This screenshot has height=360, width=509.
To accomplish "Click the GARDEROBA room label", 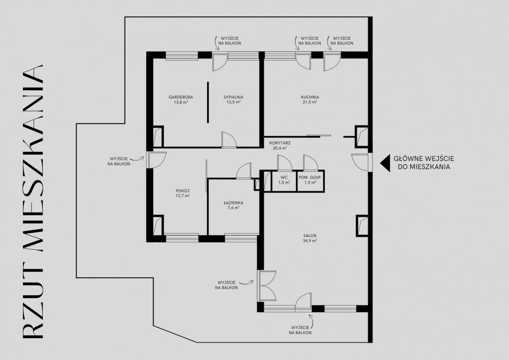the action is tap(181, 97).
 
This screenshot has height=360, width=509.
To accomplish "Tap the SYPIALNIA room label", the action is tap(233, 97).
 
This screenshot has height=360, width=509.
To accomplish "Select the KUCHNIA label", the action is tap(310, 97).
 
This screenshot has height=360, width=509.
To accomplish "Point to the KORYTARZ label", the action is tap(280, 143).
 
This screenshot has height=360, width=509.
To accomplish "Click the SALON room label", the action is tap(310, 236).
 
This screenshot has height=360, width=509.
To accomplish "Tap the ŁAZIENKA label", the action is tap(233, 203).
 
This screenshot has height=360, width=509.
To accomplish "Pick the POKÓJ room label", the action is tap(182, 191).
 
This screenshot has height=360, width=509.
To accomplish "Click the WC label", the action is tap(284, 177).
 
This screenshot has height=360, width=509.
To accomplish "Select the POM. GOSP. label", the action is tap(310, 177).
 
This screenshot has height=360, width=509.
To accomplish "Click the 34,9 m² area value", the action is tap(310, 241).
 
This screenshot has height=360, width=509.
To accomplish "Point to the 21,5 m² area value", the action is tap(310, 102).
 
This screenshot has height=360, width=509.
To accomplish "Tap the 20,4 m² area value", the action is tap(280, 148).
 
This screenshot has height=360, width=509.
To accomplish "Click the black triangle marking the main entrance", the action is tap(385, 163).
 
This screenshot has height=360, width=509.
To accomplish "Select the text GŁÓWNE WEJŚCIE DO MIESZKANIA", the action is tap(424, 163).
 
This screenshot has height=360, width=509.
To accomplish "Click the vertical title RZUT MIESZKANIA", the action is tap(33, 202).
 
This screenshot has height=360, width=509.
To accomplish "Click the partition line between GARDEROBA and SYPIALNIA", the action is tap(208, 103).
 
